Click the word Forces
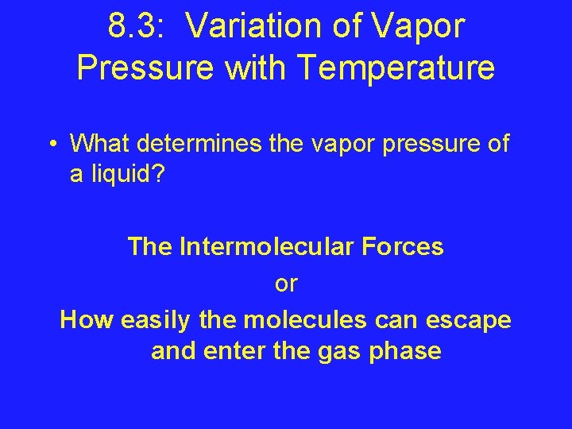[x=408, y=246]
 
